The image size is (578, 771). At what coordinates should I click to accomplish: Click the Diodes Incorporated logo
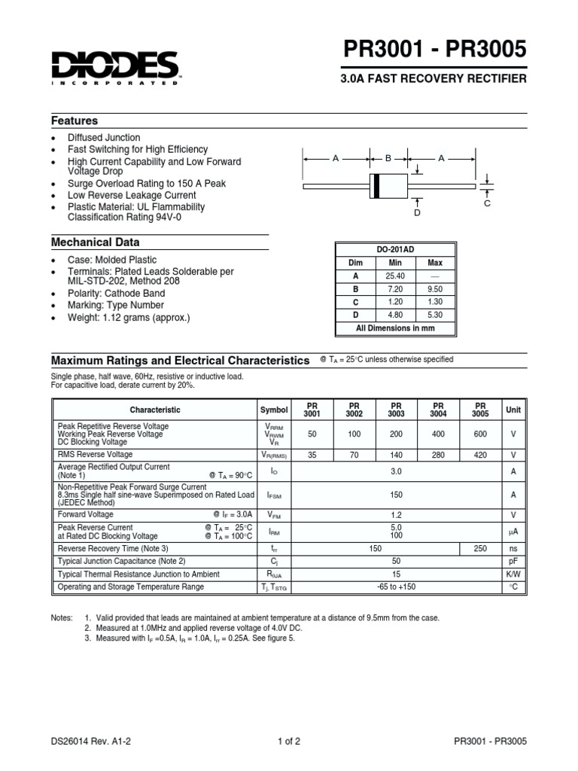(115, 67)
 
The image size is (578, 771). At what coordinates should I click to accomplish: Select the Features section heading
(75, 121)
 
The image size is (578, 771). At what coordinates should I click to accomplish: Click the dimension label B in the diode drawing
(388, 159)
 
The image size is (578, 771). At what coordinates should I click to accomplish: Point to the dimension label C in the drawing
(487, 203)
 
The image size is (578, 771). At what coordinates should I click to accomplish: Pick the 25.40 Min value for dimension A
(395, 276)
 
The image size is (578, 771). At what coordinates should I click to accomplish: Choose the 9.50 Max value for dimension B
(435, 289)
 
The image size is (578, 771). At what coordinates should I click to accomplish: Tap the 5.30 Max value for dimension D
(435, 315)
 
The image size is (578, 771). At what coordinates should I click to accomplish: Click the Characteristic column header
(155, 410)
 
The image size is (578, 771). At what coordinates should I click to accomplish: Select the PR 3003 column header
(397, 410)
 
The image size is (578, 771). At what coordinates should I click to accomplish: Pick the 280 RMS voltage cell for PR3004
(439, 455)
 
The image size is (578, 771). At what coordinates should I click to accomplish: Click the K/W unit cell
(513, 574)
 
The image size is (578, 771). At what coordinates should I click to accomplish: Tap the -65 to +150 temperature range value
(396, 587)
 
